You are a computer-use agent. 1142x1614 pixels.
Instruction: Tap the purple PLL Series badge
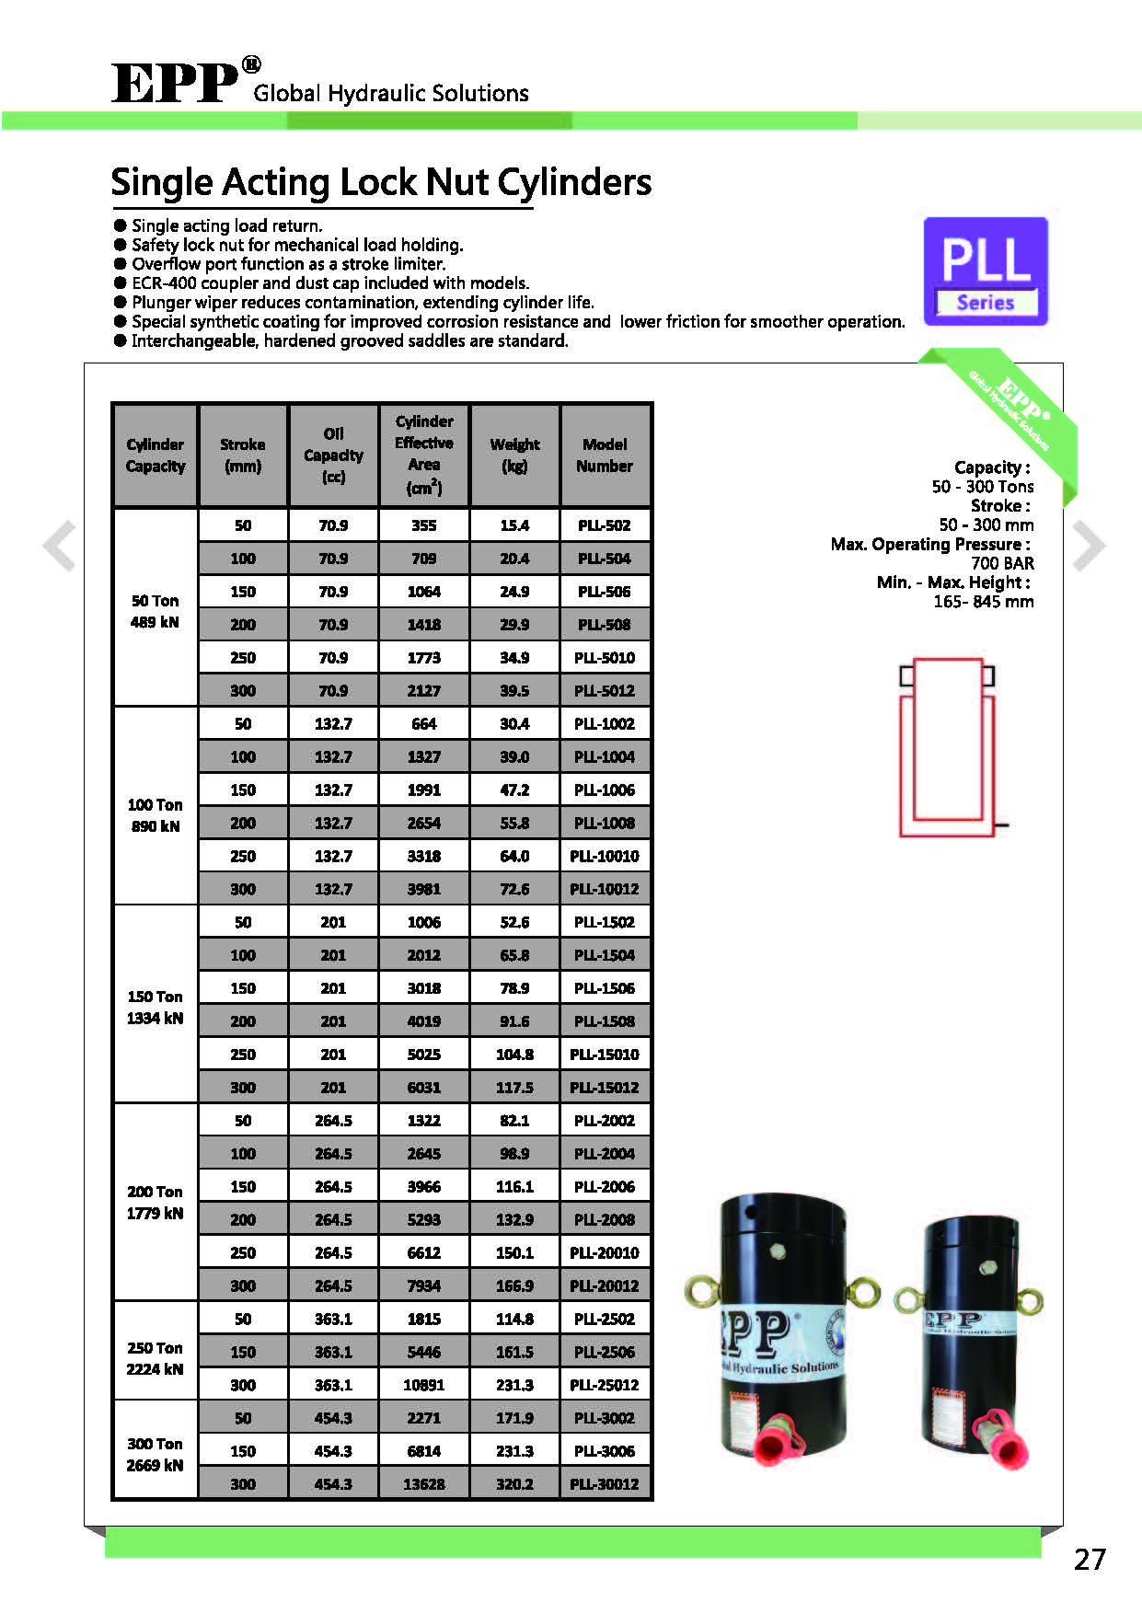(986, 271)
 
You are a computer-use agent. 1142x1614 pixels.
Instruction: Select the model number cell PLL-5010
(605, 658)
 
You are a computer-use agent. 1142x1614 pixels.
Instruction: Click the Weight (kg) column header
(514, 455)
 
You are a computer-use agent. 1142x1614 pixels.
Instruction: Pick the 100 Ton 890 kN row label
(155, 815)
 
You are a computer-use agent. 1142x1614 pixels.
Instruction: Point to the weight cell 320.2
(514, 1484)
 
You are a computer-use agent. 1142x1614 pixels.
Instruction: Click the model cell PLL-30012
(605, 1484)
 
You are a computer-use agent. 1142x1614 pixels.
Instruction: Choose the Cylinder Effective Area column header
(424, 455)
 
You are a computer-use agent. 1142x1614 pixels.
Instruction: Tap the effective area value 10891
(424, 1385)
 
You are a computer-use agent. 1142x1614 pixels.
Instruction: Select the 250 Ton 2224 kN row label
(155, 1358)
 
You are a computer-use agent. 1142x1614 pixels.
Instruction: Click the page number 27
(1090, 1559)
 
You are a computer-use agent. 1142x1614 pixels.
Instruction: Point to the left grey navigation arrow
(60, 546)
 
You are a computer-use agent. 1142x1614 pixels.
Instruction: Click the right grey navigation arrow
(1089, 546)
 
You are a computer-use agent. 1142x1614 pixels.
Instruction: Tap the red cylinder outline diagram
(948, 747)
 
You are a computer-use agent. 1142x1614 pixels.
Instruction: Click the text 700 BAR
(1002, 563)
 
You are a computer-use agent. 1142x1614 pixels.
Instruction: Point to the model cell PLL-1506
(605, 988)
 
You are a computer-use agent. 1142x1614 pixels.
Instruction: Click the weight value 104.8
(514, 1055)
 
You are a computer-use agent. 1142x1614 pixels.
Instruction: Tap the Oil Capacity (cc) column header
(333, 455)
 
